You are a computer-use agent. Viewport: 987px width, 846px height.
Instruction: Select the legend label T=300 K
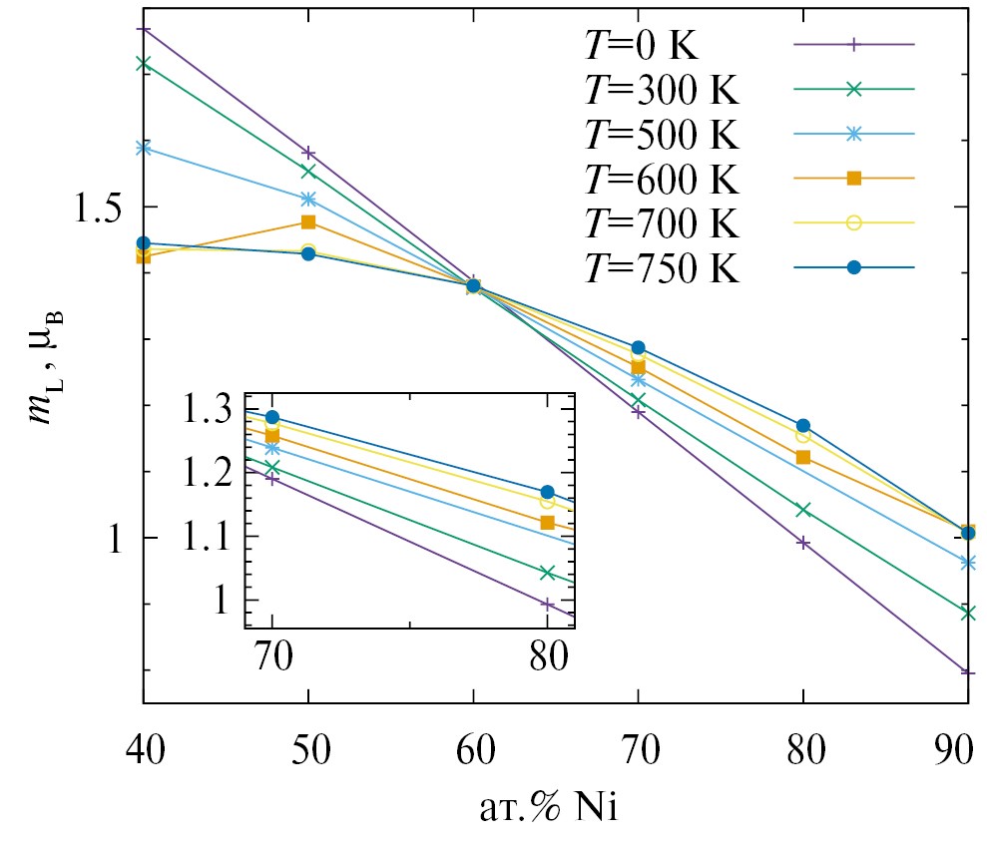click(x=661, y=90)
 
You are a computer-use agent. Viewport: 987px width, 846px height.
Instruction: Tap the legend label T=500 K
click(x=661, y=134)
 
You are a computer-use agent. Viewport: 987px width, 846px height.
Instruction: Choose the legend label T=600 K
click(x=661, y=179)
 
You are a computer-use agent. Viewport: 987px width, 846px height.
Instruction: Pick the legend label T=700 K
click(x=661, y=223)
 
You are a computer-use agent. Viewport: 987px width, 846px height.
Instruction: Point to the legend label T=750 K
click(x=661, y=268)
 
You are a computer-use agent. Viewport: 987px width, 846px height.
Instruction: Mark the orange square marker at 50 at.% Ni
click(x=308, y=221)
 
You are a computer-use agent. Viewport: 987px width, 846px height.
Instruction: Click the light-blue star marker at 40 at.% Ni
click(x=144, y=148)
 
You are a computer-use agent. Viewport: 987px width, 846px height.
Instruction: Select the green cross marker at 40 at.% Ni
click(x=144, y=63)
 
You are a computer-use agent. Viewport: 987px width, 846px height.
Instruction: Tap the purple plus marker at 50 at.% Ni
click(x=308, y=153)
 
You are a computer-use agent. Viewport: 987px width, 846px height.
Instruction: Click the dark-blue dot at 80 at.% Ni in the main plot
click(x=802, y=426)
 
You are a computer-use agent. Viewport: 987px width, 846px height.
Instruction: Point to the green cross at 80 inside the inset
click(x=547, y=572)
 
